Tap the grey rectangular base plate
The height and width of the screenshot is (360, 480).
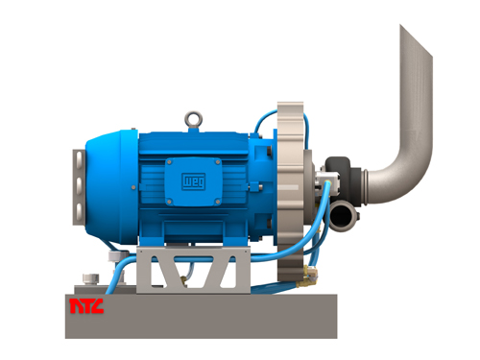click(202, 317)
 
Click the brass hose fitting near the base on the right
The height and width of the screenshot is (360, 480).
click(305, 279)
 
